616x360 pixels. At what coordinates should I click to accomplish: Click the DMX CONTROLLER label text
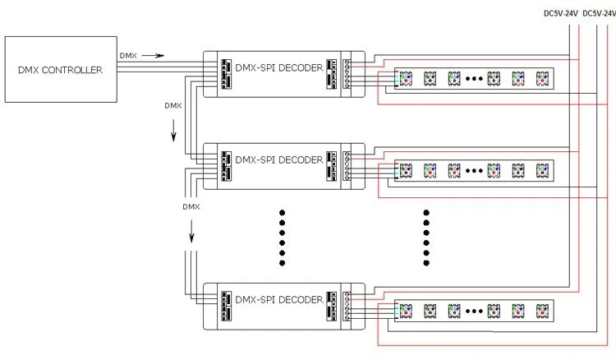60,70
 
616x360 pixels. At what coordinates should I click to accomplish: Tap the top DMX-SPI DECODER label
279,67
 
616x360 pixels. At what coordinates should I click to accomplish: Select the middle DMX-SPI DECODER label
279,159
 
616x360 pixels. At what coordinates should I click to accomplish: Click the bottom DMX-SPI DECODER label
279,299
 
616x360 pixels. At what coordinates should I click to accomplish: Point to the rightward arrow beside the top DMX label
153,56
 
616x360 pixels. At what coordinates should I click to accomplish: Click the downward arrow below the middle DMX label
173,130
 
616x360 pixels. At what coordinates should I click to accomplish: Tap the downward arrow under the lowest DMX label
191,231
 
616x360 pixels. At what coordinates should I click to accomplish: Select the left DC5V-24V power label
561,13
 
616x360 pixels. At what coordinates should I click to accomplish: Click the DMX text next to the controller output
128,56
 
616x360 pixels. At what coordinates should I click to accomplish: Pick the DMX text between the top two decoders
172,106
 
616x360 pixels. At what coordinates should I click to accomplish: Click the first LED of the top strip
406,79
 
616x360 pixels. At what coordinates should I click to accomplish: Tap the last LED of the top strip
543,79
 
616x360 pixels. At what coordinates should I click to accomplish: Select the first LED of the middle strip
406,171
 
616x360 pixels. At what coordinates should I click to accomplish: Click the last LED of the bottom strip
543,311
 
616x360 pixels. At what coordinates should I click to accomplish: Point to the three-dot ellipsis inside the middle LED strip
474,171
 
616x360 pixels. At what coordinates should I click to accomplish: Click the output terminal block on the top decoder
347,73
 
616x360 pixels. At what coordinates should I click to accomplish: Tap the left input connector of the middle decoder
226,166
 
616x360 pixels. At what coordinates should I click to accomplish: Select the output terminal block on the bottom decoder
347,306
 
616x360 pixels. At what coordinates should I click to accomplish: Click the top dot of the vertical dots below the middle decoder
282,213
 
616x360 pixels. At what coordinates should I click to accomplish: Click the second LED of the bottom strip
430,311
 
